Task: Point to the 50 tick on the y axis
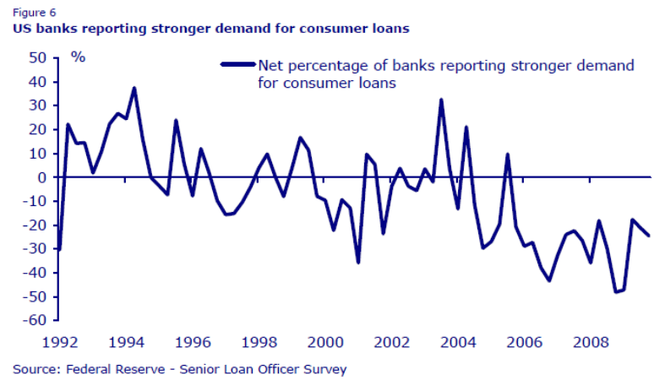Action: pos(36,58)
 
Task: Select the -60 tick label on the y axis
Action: pos(34,320)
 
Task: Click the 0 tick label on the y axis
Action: pos(41,177)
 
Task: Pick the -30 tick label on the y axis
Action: pos(34,249)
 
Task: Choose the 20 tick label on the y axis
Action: pos(36,129)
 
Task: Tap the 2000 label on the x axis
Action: pos(324,343)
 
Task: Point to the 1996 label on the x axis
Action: pos(192,343)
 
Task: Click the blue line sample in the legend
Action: pos(237,63)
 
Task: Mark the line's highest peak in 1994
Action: pos(134,88)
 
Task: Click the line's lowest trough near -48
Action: pos(616,292)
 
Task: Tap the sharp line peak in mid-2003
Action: pos(441,100)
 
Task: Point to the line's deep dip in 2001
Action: pos(358,263)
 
